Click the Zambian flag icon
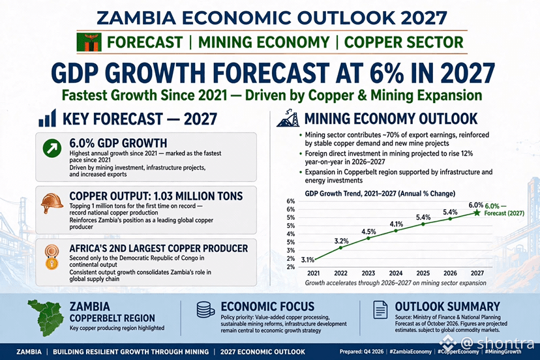point(89,42)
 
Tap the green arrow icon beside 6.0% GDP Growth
point(52,148)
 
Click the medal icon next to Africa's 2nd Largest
point(52,257)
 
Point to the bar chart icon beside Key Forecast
point(47,118)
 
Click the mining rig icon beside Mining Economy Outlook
point(288,119)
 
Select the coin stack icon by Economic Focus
point(205,310)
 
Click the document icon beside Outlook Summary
point(380,310)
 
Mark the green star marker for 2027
point(477,213)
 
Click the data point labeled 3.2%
point(341,247)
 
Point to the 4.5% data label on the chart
point(368,232)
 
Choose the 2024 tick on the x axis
point(396,273)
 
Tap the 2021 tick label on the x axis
point(314,273)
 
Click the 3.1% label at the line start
point(308,260)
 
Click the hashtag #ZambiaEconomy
point(410,352)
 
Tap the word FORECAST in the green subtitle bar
point(145,42)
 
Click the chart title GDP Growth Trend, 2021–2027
point(351,194)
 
